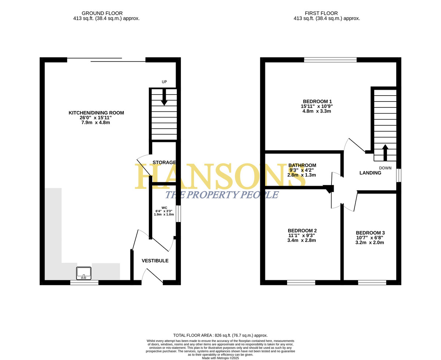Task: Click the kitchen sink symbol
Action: [x=84, y=273]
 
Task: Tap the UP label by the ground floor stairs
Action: [x=164, y=82]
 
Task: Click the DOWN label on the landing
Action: [x=385, y=168]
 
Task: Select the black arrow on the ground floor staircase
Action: [x=164, y=97]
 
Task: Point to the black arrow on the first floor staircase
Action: [x=385, y=153]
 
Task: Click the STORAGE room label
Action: [x=164, y=162]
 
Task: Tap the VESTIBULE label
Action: [x=155, y=261]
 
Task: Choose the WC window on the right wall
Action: [x=178, y=214]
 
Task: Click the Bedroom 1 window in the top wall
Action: [x=330, y=60]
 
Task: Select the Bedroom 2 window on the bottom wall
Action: [x=301, y=283]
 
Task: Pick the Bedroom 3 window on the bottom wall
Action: [x=372, y=283]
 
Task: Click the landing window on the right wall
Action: [x=398, y=175]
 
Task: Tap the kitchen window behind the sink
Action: [x=84, y=283]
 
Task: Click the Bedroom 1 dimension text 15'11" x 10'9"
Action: [x=316, y=106]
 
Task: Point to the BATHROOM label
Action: [x=302, y=165]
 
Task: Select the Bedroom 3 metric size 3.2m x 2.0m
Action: [x=370, y=243]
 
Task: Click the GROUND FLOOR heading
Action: [x=102, y=13]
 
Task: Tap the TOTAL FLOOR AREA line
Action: [x=220, y=335]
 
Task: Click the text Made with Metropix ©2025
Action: [x=220, y=358]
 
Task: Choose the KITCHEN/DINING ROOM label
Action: [x=96, y=113]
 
